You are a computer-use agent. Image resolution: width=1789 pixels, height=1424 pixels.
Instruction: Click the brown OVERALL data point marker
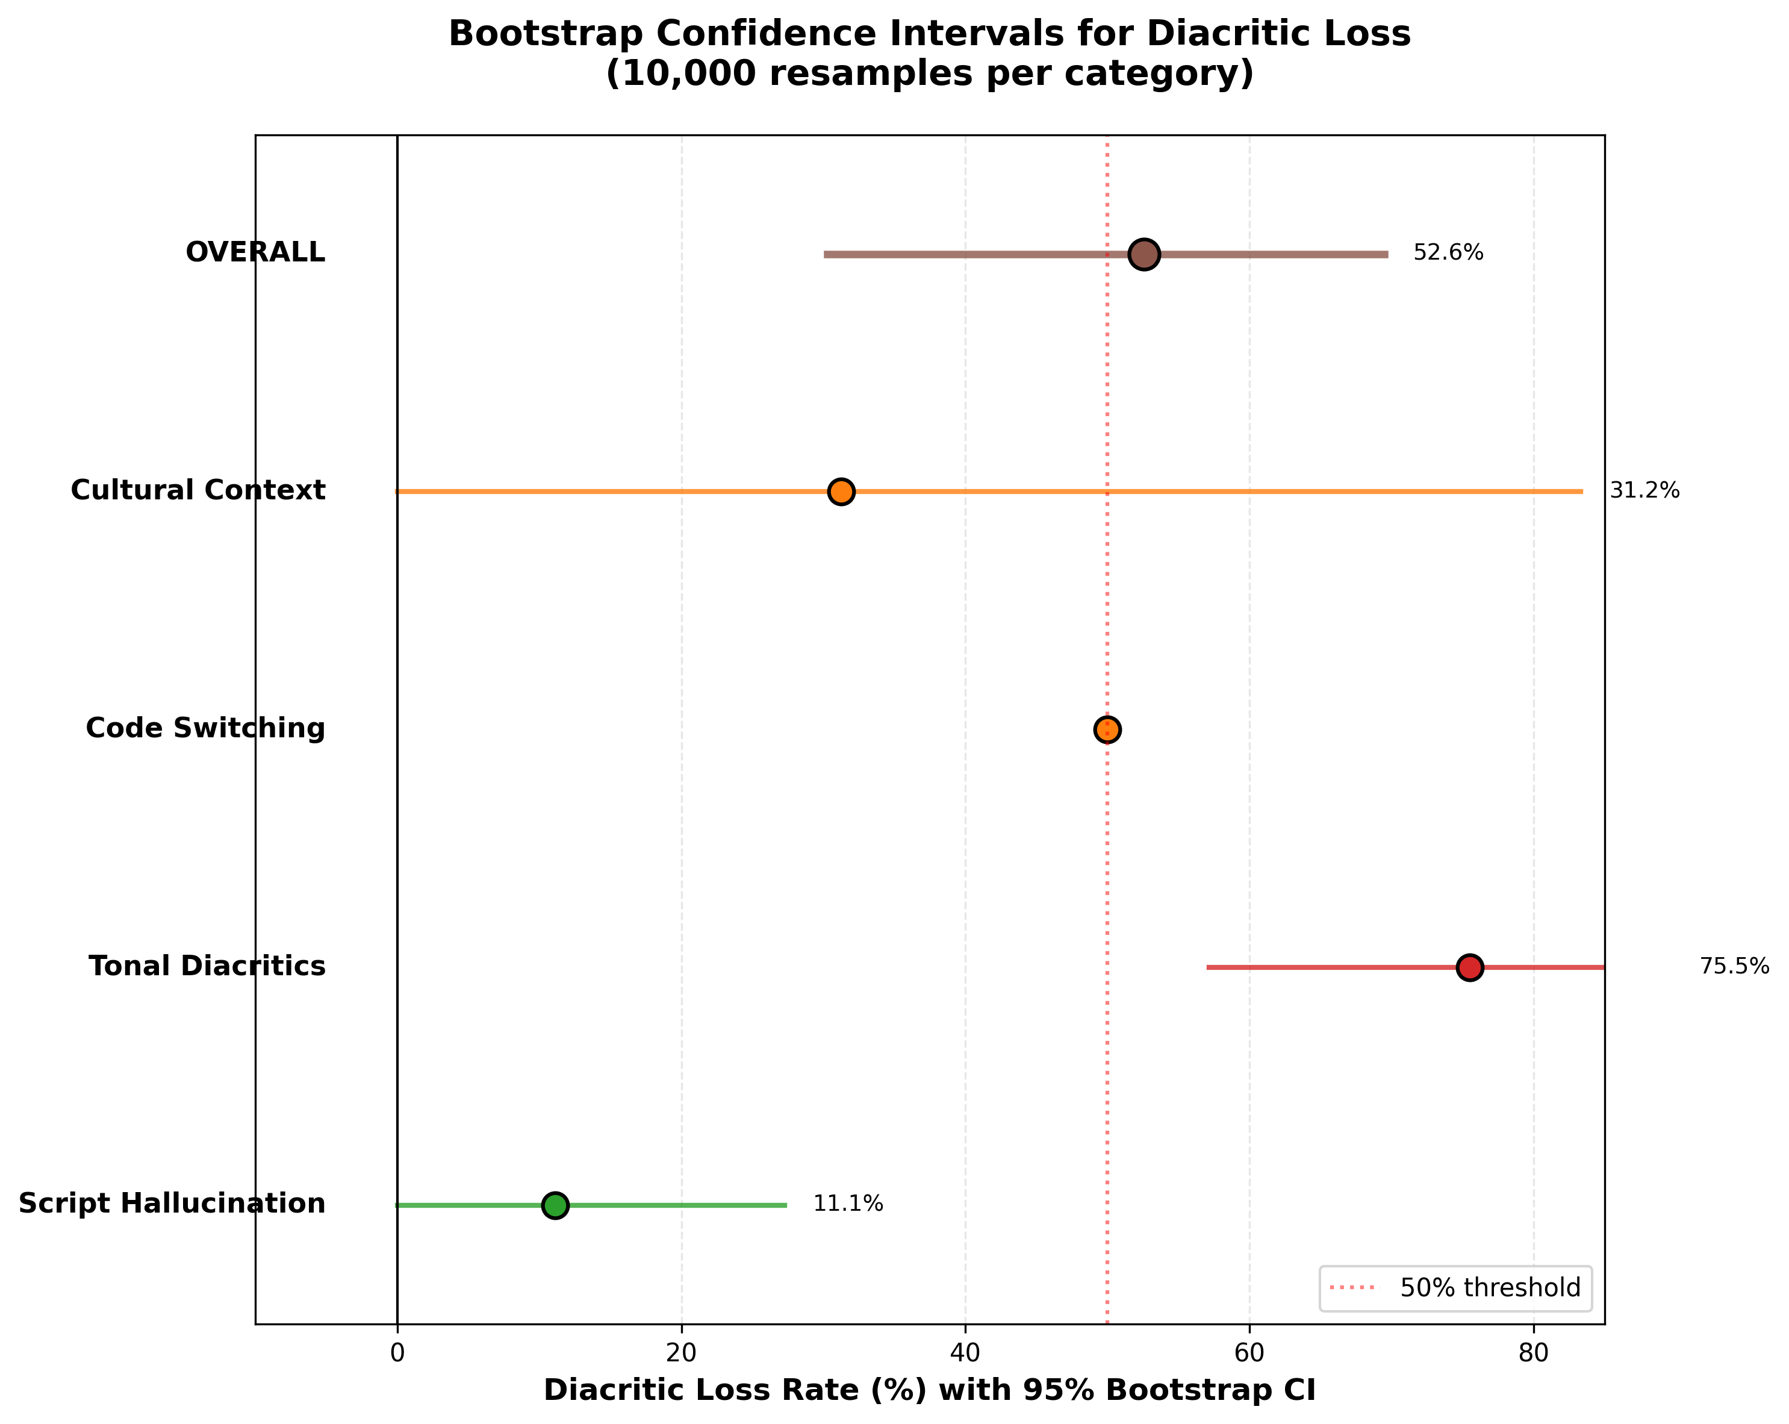(1144, 254)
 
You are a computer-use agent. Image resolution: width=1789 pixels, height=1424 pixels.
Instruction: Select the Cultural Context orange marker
(841, 492)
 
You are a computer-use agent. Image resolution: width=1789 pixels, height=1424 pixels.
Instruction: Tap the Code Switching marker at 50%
(1107, 729)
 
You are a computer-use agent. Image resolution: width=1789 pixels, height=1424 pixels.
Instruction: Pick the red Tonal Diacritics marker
(1469, 967)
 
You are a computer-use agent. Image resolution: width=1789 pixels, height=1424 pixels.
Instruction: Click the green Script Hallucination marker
(555, 1205)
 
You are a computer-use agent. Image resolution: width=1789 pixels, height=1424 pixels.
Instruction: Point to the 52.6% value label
(1448, 253)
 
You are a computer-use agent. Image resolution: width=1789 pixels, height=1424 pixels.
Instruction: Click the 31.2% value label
(1644, 492)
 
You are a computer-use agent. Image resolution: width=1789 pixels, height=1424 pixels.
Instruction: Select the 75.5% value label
(1734, 967)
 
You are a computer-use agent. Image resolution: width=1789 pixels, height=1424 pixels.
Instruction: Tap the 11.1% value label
(848, 1204)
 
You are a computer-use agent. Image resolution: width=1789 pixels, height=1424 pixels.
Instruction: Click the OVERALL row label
(255, 252)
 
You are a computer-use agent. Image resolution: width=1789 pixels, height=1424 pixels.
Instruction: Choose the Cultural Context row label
(198, 490)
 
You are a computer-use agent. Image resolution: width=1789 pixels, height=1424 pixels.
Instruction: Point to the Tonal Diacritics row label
(208, 966)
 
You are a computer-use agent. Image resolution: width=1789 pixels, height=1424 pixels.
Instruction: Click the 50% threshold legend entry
(1490, 1288)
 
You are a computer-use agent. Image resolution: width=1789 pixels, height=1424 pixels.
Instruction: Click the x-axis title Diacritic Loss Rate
(929, 1391)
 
